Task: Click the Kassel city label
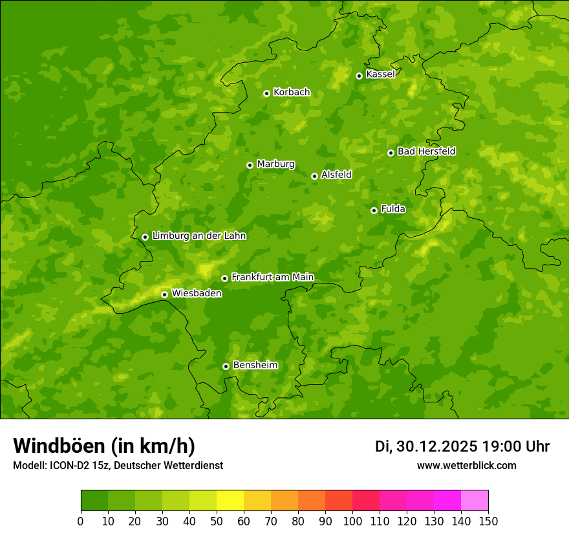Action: point(380,74)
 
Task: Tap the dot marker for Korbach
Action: point(266,93)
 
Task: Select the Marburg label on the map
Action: point(275,164)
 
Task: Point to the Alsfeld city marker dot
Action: point(314,176)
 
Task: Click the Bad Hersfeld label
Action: point(426,151)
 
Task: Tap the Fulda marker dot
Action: point(374,210)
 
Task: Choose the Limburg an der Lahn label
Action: point(199,236)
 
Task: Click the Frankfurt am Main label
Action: point(272,277)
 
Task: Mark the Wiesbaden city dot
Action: point(164,294)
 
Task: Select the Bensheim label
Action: point(255,365)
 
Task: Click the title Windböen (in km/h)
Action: point(104,446)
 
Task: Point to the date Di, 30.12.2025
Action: point(426,446)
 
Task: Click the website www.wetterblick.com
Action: point(466,465)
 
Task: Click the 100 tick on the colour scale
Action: point(352,521)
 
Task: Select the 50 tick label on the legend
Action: point(217,521)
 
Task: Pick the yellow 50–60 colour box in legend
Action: point(230,501)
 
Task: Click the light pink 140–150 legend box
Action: point(475,501)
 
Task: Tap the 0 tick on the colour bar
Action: point(81,521)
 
